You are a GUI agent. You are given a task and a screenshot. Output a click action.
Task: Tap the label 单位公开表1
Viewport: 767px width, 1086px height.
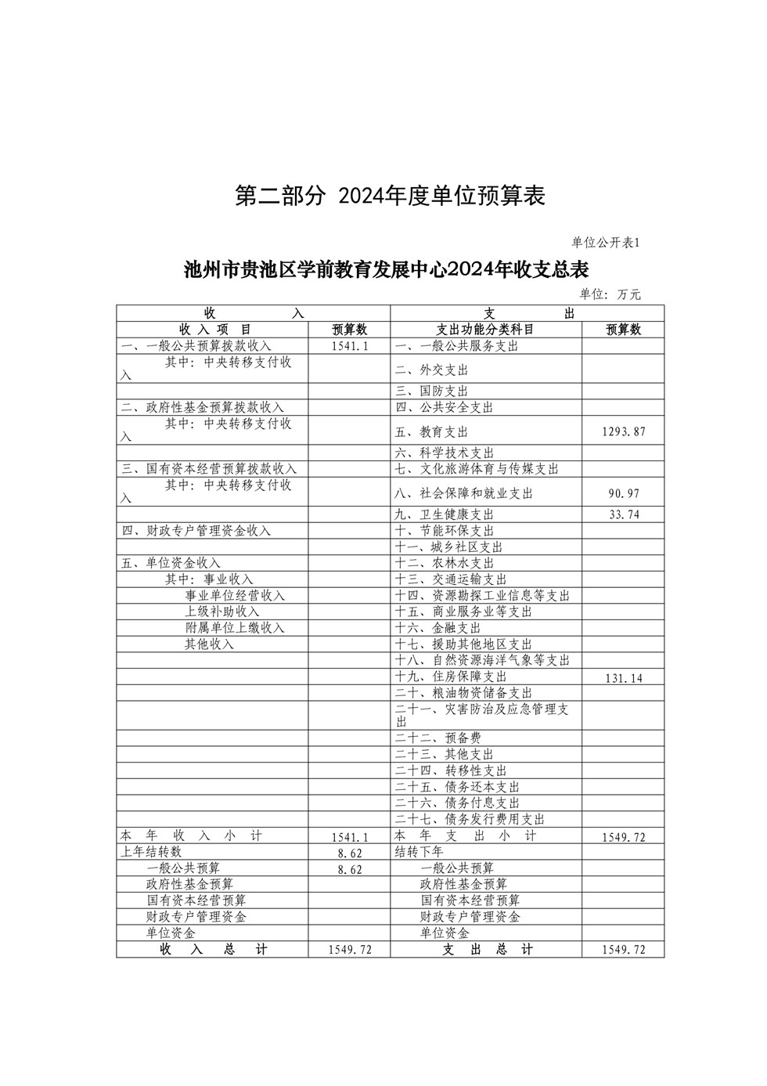click(x=606, y=243)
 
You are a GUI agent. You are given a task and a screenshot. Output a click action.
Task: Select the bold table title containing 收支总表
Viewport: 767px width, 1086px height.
click(x=386, y=270)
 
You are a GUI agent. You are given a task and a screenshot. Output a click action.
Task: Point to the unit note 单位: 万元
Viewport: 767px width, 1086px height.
click(x=610, y=294)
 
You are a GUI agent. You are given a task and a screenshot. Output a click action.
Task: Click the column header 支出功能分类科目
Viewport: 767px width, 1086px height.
click(x=485, y=330)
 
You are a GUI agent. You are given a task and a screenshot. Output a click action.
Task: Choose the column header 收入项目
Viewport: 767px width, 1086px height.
click(x=214, y=330)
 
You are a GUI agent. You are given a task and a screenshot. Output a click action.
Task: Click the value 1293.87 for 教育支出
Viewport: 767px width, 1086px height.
click(x=623, y=432)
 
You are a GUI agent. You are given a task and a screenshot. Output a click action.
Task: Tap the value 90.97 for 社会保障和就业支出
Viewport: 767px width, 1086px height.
click(x=623, y=494)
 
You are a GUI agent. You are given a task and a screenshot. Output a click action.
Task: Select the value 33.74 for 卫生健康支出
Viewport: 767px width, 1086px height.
click(x=623, y=514)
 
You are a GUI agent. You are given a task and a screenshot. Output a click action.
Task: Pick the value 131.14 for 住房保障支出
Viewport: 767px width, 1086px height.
click(x=623, y=678)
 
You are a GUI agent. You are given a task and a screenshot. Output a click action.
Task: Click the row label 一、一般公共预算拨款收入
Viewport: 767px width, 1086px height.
click(x=196, y=346)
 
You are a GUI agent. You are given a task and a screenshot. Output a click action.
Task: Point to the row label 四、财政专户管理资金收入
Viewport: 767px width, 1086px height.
click(x=196, y=531)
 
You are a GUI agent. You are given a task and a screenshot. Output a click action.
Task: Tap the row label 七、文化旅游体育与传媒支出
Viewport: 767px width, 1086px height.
click(x=477, y=469)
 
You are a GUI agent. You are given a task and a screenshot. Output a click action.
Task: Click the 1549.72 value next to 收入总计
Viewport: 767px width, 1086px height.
click(x=350, y=950)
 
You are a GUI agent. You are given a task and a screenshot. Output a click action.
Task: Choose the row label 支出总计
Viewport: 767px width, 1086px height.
click(x=487, y=950)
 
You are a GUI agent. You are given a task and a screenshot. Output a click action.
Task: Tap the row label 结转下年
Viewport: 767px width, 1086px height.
click(x=420, y=852)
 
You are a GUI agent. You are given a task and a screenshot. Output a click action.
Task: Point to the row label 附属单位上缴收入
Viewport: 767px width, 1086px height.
click(x=235, y=628)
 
